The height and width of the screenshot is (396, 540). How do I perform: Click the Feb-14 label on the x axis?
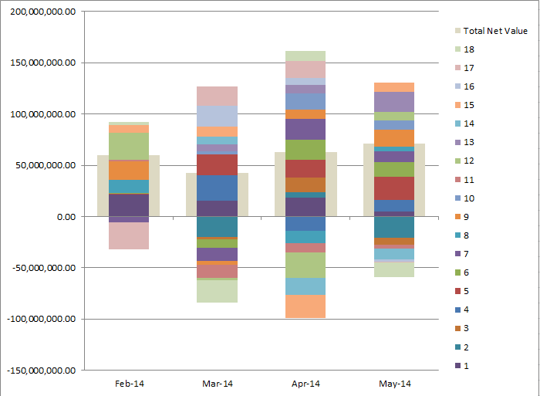coord(129,384)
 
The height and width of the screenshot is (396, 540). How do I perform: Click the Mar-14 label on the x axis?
coord(218,384)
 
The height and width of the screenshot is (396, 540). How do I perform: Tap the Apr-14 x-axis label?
coord(306,384)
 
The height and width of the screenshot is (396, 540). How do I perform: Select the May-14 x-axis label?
coord(395,384)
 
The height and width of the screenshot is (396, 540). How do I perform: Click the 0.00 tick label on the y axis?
coord(63,217)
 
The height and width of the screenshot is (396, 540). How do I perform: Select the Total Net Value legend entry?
coord(495,31)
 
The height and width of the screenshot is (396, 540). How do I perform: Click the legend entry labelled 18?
coord(468,49)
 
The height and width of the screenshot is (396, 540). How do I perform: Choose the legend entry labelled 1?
coord(466,365)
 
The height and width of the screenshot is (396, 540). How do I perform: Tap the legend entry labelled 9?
coord(466,217)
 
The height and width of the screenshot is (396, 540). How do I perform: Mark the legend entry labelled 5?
coord(466,291)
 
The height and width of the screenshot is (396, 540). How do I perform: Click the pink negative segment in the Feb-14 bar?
coord(129,235)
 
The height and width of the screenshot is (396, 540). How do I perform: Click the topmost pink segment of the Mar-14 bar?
coord(218,96)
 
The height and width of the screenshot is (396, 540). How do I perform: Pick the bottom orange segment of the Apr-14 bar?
coord(306,306)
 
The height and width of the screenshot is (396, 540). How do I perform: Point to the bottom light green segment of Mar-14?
coord(218,291)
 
